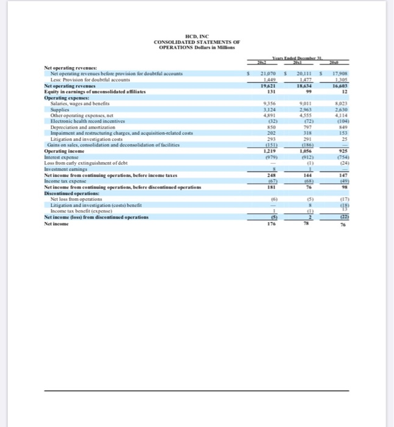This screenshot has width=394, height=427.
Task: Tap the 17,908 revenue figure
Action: tap(340, 73)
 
